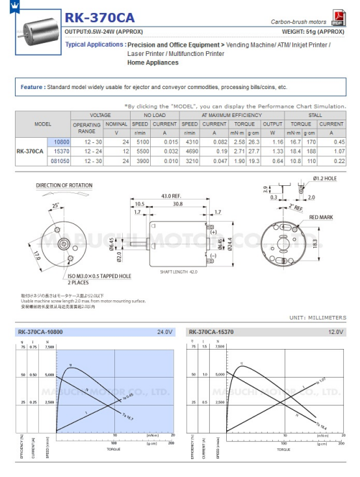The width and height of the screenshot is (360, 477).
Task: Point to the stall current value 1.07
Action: tap(338, 151)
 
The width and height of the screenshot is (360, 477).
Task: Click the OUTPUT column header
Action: tap(273, 124)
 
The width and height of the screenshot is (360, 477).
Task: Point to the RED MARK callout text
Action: tap(322, 217)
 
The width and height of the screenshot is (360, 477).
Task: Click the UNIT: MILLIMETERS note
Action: tap(318, 318)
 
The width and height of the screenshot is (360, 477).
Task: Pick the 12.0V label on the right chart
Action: tap(334, 332)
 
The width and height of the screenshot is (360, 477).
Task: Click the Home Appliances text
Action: tap(153, 62)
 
